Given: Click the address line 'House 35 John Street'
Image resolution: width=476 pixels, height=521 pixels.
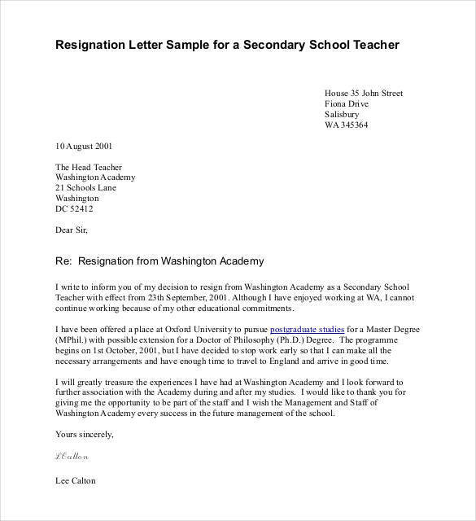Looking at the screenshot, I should tap(363, 94).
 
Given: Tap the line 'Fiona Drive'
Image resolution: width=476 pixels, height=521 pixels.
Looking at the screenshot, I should tap(347, 104).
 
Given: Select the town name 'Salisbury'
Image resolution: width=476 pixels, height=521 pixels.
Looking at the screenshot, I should tap(343, 115).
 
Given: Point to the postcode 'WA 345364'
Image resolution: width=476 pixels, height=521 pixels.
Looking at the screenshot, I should tap(346, 125).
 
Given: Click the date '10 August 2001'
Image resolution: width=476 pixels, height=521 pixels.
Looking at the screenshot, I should tap(84, 147).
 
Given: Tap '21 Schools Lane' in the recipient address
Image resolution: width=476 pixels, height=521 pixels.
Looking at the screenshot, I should tap(85, 187).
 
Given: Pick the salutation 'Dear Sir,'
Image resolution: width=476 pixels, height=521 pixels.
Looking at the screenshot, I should tap(71, 230).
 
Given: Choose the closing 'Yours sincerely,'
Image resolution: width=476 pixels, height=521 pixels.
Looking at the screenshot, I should tap(85, 434).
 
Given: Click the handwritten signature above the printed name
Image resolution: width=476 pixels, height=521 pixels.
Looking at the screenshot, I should tap(72, 457).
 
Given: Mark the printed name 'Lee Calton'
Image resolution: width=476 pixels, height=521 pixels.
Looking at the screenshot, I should tap(76, 480).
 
